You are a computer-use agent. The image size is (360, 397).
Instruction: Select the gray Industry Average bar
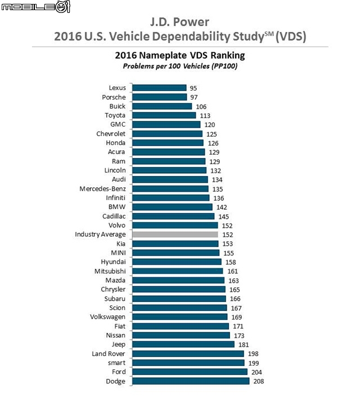[175, 234]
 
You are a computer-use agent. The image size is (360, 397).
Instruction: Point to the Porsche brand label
[114, 97]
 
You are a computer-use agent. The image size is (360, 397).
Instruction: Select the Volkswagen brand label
[107, 317]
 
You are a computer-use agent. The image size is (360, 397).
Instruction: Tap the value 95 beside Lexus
[194, 88]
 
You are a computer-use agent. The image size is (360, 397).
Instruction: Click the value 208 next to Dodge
[258, 382]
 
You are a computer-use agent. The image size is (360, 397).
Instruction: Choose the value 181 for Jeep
[243, 345]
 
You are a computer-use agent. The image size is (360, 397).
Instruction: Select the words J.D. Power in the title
[180, 22]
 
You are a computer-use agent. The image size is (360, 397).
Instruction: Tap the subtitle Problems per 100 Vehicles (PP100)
[179, 66]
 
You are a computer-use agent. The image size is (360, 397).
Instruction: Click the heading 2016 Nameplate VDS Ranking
[179, 56]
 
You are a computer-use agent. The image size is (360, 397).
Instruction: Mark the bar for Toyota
[164, 115]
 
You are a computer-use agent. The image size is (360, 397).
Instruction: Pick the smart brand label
[116, 363]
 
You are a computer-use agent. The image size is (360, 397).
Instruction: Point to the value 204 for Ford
[256, 372]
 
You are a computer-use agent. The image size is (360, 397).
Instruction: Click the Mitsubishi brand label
[110, 271]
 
